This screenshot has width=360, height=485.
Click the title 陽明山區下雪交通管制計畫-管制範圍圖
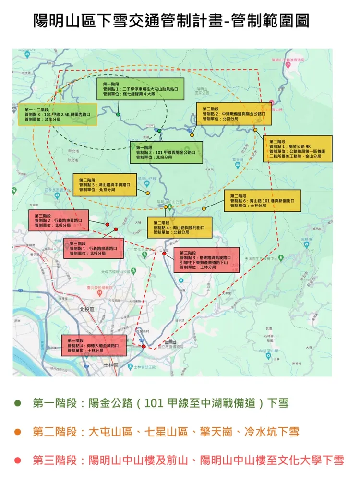(171, 21)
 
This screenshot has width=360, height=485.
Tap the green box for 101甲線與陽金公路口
(166, 152)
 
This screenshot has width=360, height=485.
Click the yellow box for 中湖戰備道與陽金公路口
(229, 114)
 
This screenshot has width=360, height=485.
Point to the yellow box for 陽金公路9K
(298, 148)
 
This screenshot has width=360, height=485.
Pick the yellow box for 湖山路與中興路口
(105, 184)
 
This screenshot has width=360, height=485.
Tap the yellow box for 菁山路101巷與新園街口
(262, 201)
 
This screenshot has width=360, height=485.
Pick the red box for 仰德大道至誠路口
(94, 345)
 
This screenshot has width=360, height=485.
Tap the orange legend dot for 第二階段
(18, 432)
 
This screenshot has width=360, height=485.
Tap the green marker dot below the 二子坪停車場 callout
(118, 114)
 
